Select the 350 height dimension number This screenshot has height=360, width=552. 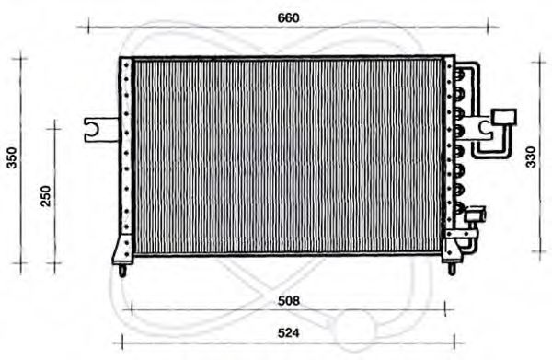pyautogui.click(x=12, y=159)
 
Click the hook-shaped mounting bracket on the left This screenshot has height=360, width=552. pyautogui.click(x=95, y=131)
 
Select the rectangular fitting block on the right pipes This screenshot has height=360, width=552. pyautogui.click(x=503, y=116)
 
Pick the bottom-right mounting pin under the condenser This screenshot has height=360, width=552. pyautogui.click(x=449, y=268)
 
